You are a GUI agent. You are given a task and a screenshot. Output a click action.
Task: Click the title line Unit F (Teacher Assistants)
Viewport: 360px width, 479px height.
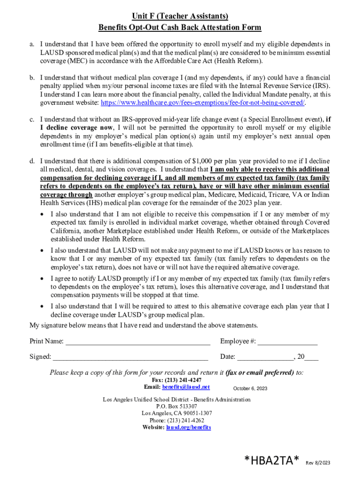coord(180,16)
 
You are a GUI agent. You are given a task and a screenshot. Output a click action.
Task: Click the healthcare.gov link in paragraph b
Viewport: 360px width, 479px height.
coord(200,102)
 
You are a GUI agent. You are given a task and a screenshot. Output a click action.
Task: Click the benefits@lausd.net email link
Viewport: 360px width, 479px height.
coord(186,387)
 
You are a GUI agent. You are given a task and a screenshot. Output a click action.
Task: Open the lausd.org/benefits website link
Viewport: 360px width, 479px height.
coord(188,428)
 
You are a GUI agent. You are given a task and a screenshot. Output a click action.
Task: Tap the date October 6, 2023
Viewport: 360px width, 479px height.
coord(250,389)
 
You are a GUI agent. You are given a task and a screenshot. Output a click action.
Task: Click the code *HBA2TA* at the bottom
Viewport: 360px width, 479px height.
coord(272,461)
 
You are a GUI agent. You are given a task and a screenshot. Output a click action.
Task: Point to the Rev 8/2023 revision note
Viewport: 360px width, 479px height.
coord(318,463)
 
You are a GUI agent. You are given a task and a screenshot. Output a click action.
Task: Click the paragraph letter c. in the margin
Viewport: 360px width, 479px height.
coord(32,119)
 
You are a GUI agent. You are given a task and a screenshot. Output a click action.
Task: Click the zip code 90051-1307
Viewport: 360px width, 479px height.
coord(194,414)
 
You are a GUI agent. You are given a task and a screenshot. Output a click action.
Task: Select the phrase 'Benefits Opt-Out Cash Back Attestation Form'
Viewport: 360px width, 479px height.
coord(180,28)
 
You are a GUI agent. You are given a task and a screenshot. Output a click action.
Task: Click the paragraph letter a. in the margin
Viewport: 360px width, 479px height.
coord(32,44)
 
